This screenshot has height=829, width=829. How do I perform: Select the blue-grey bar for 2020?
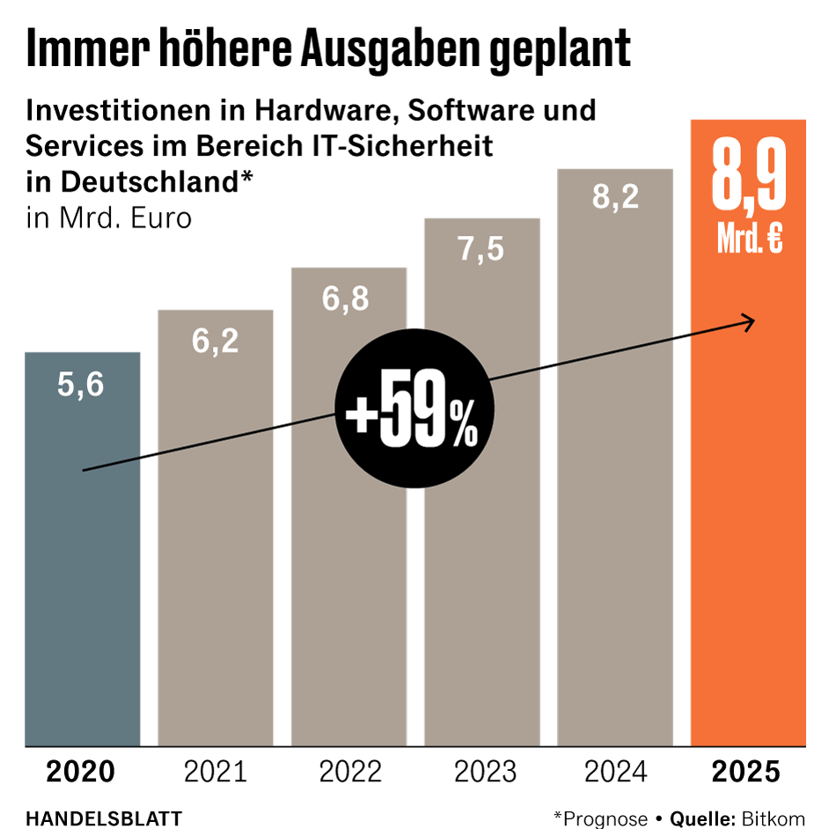pos(82,572)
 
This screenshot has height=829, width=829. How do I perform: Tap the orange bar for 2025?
pos(748,528)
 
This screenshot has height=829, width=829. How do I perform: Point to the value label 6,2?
pos(216,341)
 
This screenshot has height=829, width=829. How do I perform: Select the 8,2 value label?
pos(614,198)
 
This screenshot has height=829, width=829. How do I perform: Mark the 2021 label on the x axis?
pos(216,772)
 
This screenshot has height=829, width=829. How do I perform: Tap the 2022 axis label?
pos(350,772)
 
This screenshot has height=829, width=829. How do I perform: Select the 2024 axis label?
pos(615,772)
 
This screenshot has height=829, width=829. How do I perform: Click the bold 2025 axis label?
pos(746,772)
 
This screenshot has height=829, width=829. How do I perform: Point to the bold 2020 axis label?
pos(80,772)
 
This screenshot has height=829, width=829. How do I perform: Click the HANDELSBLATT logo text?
pos(104,818)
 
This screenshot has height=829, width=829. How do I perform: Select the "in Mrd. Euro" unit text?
pos(109,216)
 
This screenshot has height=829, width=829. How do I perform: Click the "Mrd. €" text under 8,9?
pos(749,239)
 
